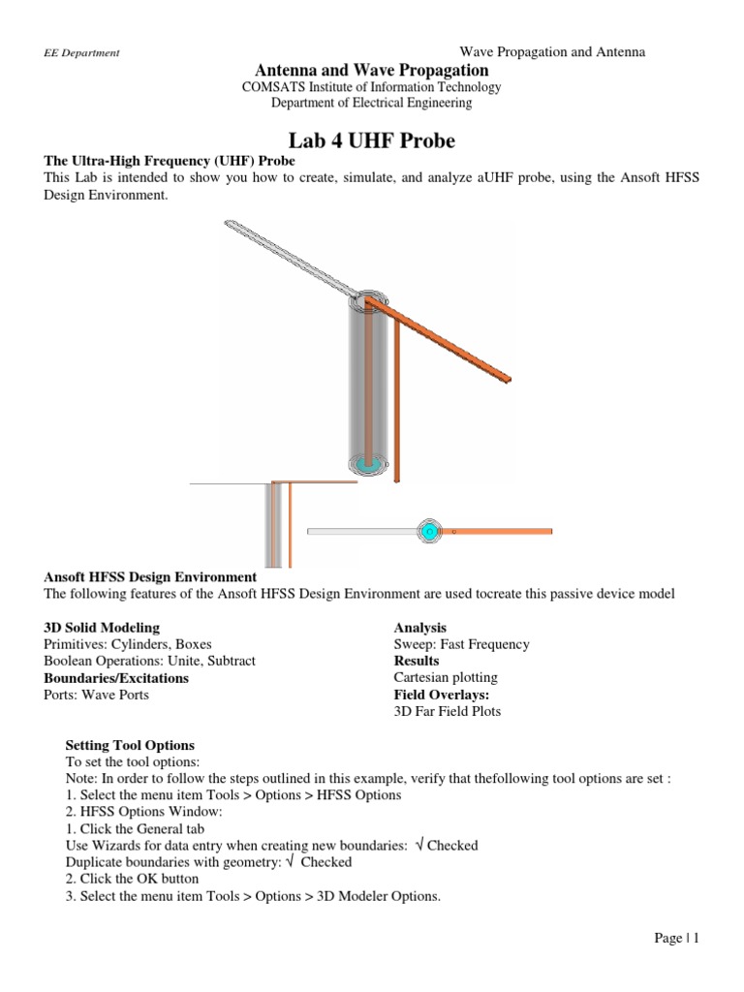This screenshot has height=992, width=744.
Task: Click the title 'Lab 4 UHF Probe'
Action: click(371, 140)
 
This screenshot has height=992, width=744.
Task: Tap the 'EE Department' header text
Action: click(82, 53)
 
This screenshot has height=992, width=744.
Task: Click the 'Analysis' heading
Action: click(419, 628)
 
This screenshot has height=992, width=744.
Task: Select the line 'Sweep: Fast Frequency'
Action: click(461, 644)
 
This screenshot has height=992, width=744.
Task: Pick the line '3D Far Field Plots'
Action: click(447, 712)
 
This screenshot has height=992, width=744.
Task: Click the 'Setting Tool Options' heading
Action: click(129, 745)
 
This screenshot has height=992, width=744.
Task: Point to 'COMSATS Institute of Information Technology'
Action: click(371, 87)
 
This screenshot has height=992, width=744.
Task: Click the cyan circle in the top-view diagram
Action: click(428, 531)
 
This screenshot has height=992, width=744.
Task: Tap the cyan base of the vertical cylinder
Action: click(367, 464)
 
